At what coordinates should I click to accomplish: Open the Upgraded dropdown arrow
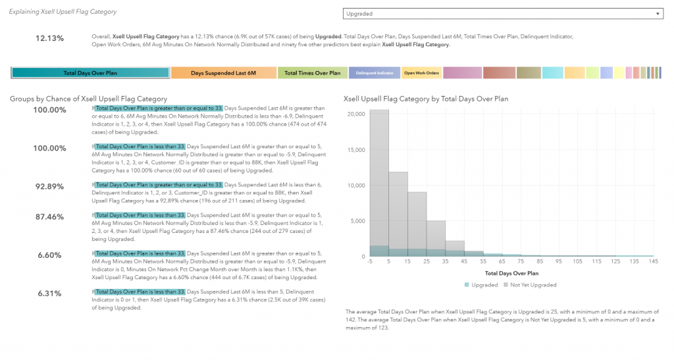point(656,13)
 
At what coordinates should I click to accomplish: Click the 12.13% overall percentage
point(49,38)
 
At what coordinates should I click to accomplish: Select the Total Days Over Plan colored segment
point(90,73)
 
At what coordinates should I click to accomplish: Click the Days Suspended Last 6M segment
point(223,73)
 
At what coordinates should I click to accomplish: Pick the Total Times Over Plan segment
point(312,73)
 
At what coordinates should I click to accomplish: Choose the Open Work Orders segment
point(421,73)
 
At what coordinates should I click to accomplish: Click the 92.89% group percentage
point(49,186)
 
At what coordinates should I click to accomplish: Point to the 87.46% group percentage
point(49,216)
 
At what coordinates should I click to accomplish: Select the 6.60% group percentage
point(49,255)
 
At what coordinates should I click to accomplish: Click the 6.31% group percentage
point(49,293)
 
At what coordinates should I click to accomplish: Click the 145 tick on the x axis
point(653,261)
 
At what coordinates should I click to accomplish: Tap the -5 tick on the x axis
point(370,261)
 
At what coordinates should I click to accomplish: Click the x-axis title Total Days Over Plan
point(511,272)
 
